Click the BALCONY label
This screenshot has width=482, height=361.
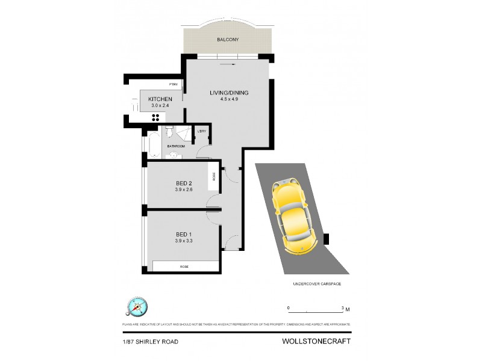point(229,40)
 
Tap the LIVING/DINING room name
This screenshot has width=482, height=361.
point(229,93)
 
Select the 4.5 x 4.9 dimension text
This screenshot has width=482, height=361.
point(229,100)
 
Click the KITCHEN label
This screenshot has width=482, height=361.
point(160,99)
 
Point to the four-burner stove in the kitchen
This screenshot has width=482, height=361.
point(155,118)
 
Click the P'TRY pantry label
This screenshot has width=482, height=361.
point(174,84)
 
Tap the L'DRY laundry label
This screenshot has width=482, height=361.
point(202,132)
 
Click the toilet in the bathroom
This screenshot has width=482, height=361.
point(170,131)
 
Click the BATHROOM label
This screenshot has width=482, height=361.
point(176,146)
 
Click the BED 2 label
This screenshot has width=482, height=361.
point(184,183)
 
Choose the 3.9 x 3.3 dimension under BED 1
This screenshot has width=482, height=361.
point(184,241)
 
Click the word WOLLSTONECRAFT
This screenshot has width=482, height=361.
point(316,341)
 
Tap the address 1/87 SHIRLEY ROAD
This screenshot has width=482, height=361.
point(150,342)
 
